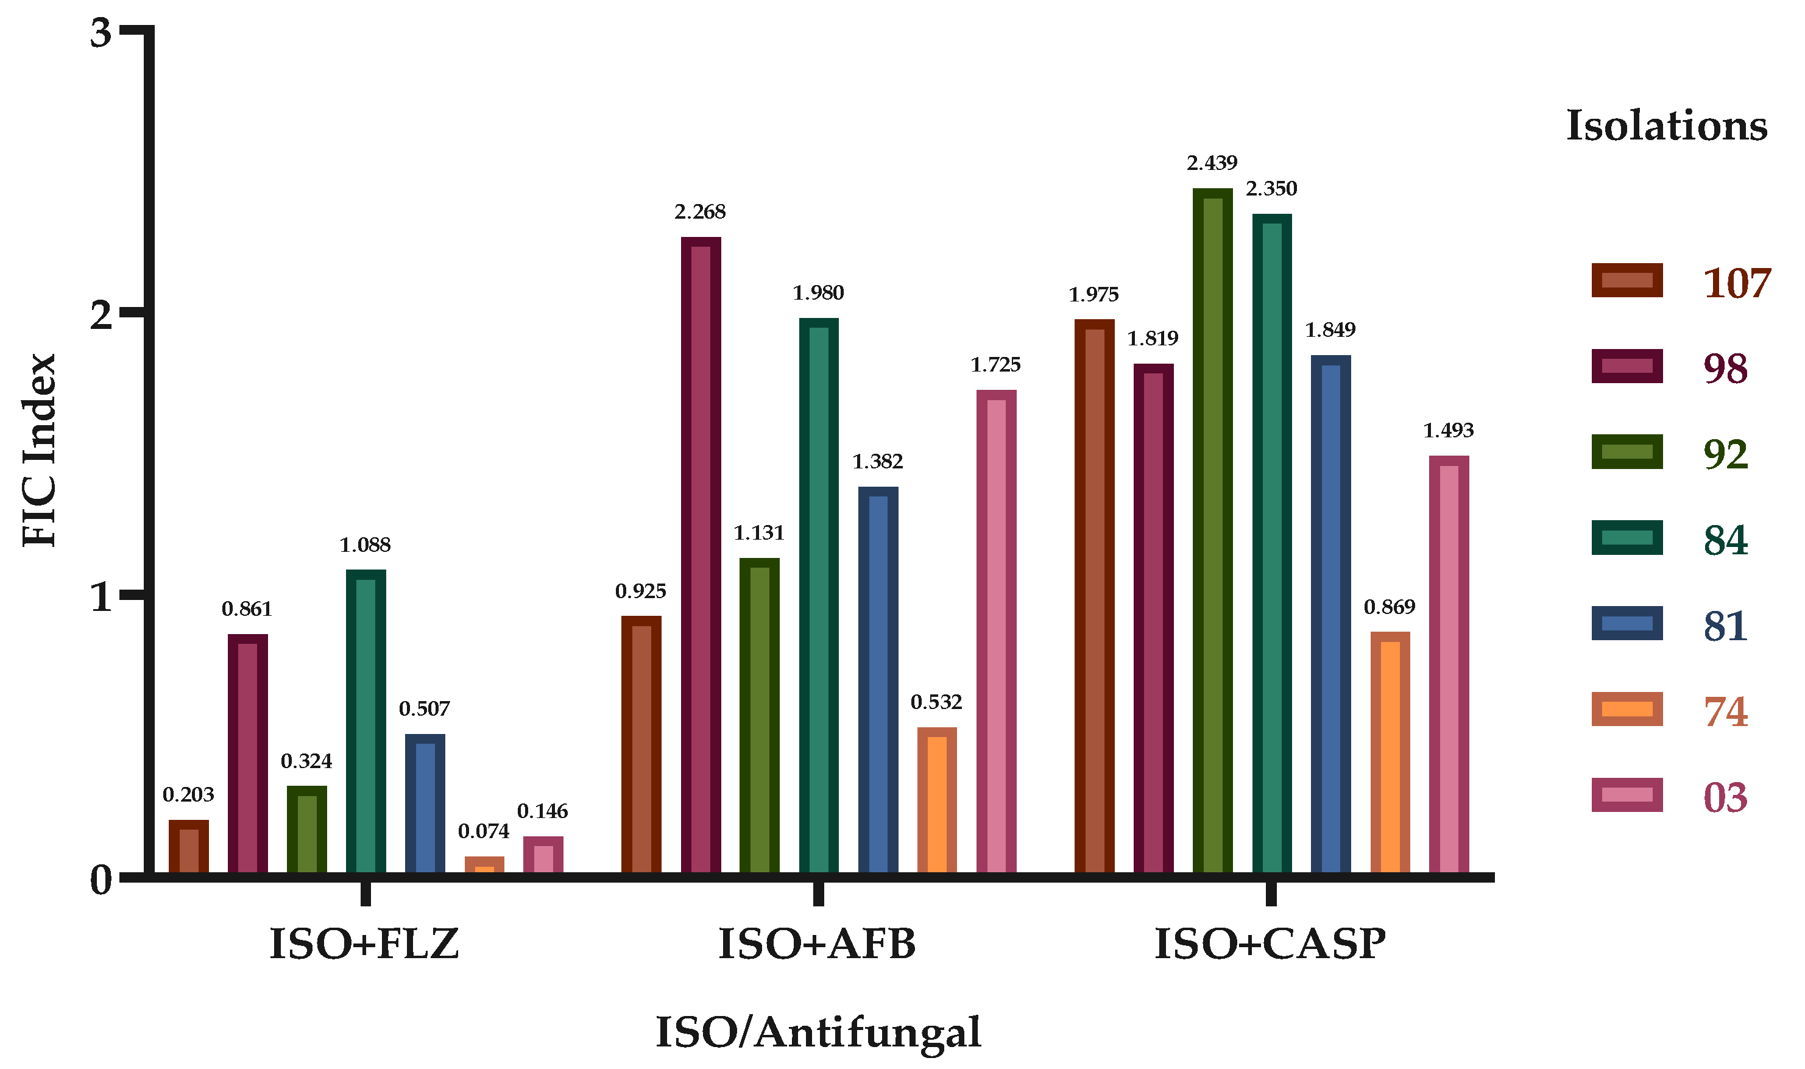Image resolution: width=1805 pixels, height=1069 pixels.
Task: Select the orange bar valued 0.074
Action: [x=484, y=865]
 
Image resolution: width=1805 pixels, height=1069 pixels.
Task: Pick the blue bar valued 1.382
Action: [x=877, y=681]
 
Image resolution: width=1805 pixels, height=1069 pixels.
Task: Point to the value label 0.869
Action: [x=1390, y=607]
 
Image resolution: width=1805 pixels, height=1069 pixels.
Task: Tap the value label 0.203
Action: [x=188, y=794]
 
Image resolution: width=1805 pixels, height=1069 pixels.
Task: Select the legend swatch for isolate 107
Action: [x=1627, y=281]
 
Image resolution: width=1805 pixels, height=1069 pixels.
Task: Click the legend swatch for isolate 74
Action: [x=1627, y=710]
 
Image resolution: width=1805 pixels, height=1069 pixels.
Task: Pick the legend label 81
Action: [x=1725, y=626]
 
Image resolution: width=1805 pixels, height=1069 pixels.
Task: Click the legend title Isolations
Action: [x=1666, y=126]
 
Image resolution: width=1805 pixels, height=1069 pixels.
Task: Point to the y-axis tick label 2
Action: [x=102, y=316]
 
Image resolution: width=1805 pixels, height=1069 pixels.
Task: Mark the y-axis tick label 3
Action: [x=102, y=33]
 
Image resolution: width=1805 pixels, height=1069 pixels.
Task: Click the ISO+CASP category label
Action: [x=1270, y=944]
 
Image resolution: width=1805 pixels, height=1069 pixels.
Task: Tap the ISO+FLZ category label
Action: [x=364, y=944]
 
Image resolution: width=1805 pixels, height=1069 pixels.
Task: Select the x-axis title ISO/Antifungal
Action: [x=818, y=1032]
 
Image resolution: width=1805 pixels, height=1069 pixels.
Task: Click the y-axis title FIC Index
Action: [x=39, y=450]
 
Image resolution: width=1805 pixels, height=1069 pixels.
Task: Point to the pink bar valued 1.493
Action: [x=1449, y=666]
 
